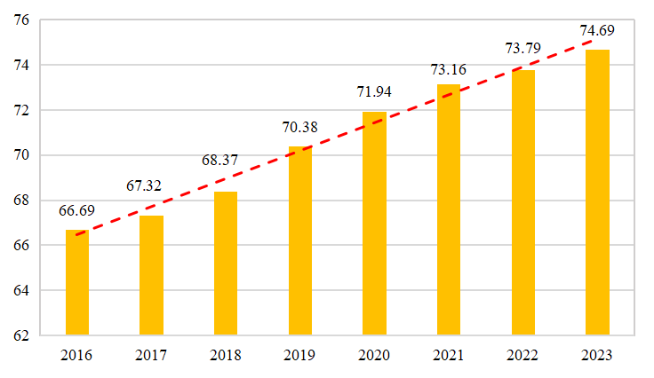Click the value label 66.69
pyautogui.click(x=77, y=211)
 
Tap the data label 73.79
pyautogui.click(x=522, y=48)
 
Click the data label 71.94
pyautogui.click(x=374, y=91)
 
